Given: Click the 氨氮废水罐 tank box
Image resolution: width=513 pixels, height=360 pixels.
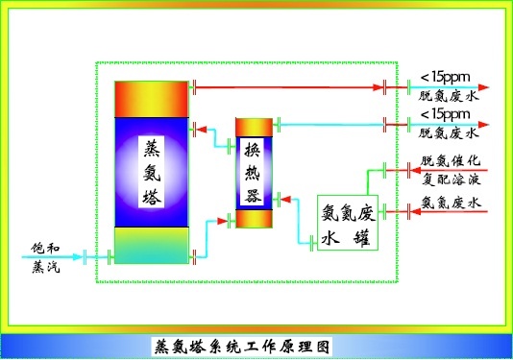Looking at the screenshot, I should click(x=349, y=223).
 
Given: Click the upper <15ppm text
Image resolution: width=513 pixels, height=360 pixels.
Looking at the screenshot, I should click(x=445, y=76).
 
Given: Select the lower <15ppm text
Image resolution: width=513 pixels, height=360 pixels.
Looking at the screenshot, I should click(x=445, y=114).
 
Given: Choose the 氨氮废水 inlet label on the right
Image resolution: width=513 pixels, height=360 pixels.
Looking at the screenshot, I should click(x=451, y=203).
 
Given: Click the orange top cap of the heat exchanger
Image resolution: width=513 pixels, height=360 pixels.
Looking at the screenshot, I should click(x=255, y=128).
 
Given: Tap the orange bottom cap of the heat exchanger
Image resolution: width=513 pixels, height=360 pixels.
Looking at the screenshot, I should click(x=255, y=219).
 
